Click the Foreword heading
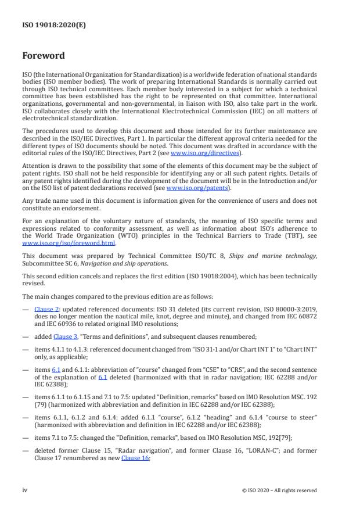tap(44, 56)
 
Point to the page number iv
tap(26, 490)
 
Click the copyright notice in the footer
tap(279, 490)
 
